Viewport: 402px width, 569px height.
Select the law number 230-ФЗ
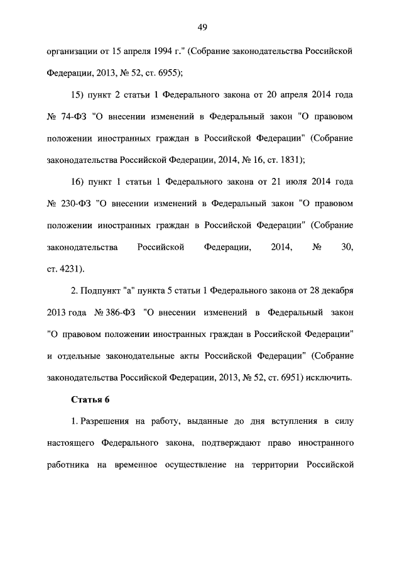point(77,204)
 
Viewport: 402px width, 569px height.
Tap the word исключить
point(330,378)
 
